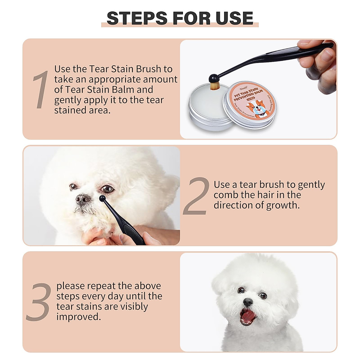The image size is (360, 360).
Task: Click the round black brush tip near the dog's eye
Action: [x=102, y=198]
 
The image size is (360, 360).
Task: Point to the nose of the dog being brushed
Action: [x=82, y=198]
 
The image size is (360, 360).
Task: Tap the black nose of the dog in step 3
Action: [x=247, y=301]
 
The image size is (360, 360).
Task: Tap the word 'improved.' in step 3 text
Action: [x=79, y=317]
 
